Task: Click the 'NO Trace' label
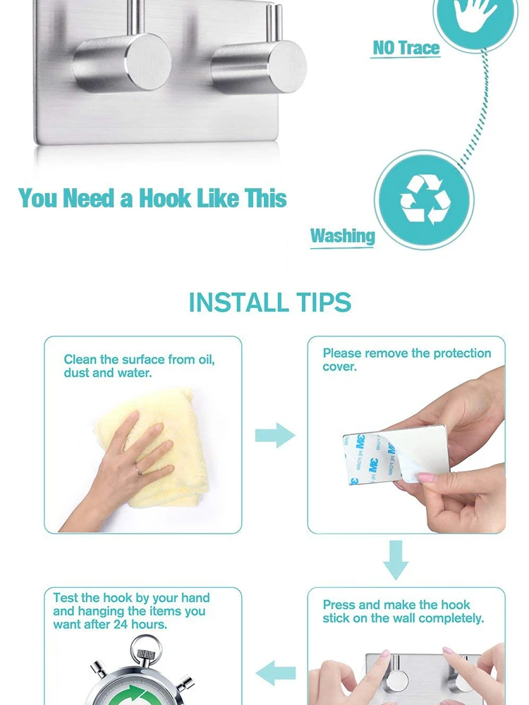pos(406,48)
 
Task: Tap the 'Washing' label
pos(342,235)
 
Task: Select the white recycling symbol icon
pos(425,200)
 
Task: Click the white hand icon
pos(475,13)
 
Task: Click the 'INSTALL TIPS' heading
pos(270,302)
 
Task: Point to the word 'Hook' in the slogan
pos(164,198)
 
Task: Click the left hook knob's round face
pos(148,61)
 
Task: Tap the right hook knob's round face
pos(288,67)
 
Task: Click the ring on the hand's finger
pos(138,470)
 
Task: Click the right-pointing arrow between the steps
pos(275,435)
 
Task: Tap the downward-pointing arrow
pos(396,560)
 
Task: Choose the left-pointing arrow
pos(275,673)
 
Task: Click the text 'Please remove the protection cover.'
pos(407,360)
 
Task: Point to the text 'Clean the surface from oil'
pos(139,360)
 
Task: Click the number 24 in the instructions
pos(121,625)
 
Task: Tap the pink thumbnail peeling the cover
pos(425,477)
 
